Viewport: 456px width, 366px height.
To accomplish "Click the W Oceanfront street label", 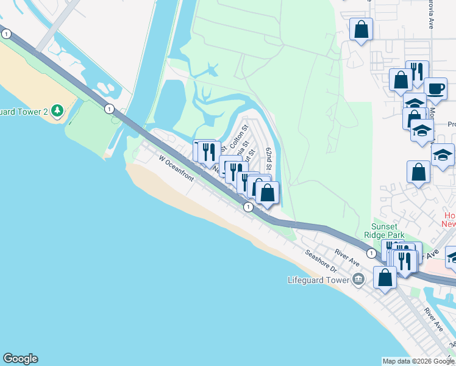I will coord(176,169).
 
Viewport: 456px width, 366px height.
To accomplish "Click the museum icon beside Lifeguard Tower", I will coord(358,280).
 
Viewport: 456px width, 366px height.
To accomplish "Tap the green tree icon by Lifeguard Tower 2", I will coord(57,110).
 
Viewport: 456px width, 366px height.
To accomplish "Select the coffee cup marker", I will coord(435,87).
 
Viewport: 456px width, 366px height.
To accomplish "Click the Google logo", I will coord(20,359).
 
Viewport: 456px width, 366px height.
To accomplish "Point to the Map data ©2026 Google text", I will coord(418,361).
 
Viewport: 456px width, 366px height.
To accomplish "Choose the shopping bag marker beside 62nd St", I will coord(267,193).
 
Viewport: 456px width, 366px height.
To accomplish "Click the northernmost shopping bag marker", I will coord(361,29).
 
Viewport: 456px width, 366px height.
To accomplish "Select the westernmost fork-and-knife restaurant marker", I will coord(210,151).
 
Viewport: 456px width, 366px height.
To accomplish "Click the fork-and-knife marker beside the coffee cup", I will coord(417,71).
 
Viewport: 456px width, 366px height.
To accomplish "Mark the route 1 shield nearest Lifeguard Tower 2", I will coord(109,109).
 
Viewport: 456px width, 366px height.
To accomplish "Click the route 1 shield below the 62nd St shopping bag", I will coord(248,207).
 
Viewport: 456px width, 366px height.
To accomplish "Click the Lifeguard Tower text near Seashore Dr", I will coord(318,280).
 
